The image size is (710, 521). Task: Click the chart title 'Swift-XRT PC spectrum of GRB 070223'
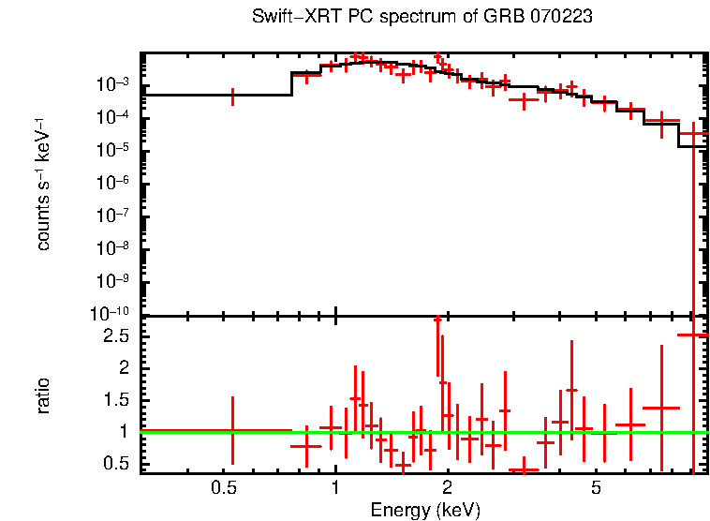[422, 17]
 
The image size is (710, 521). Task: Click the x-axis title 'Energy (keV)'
[425, 510]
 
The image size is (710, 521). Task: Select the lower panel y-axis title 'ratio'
[43, 395]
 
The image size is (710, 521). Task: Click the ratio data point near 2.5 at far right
[693, 335]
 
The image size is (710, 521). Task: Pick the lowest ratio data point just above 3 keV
[523, 469]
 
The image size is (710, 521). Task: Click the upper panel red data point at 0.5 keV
[232, 95]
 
